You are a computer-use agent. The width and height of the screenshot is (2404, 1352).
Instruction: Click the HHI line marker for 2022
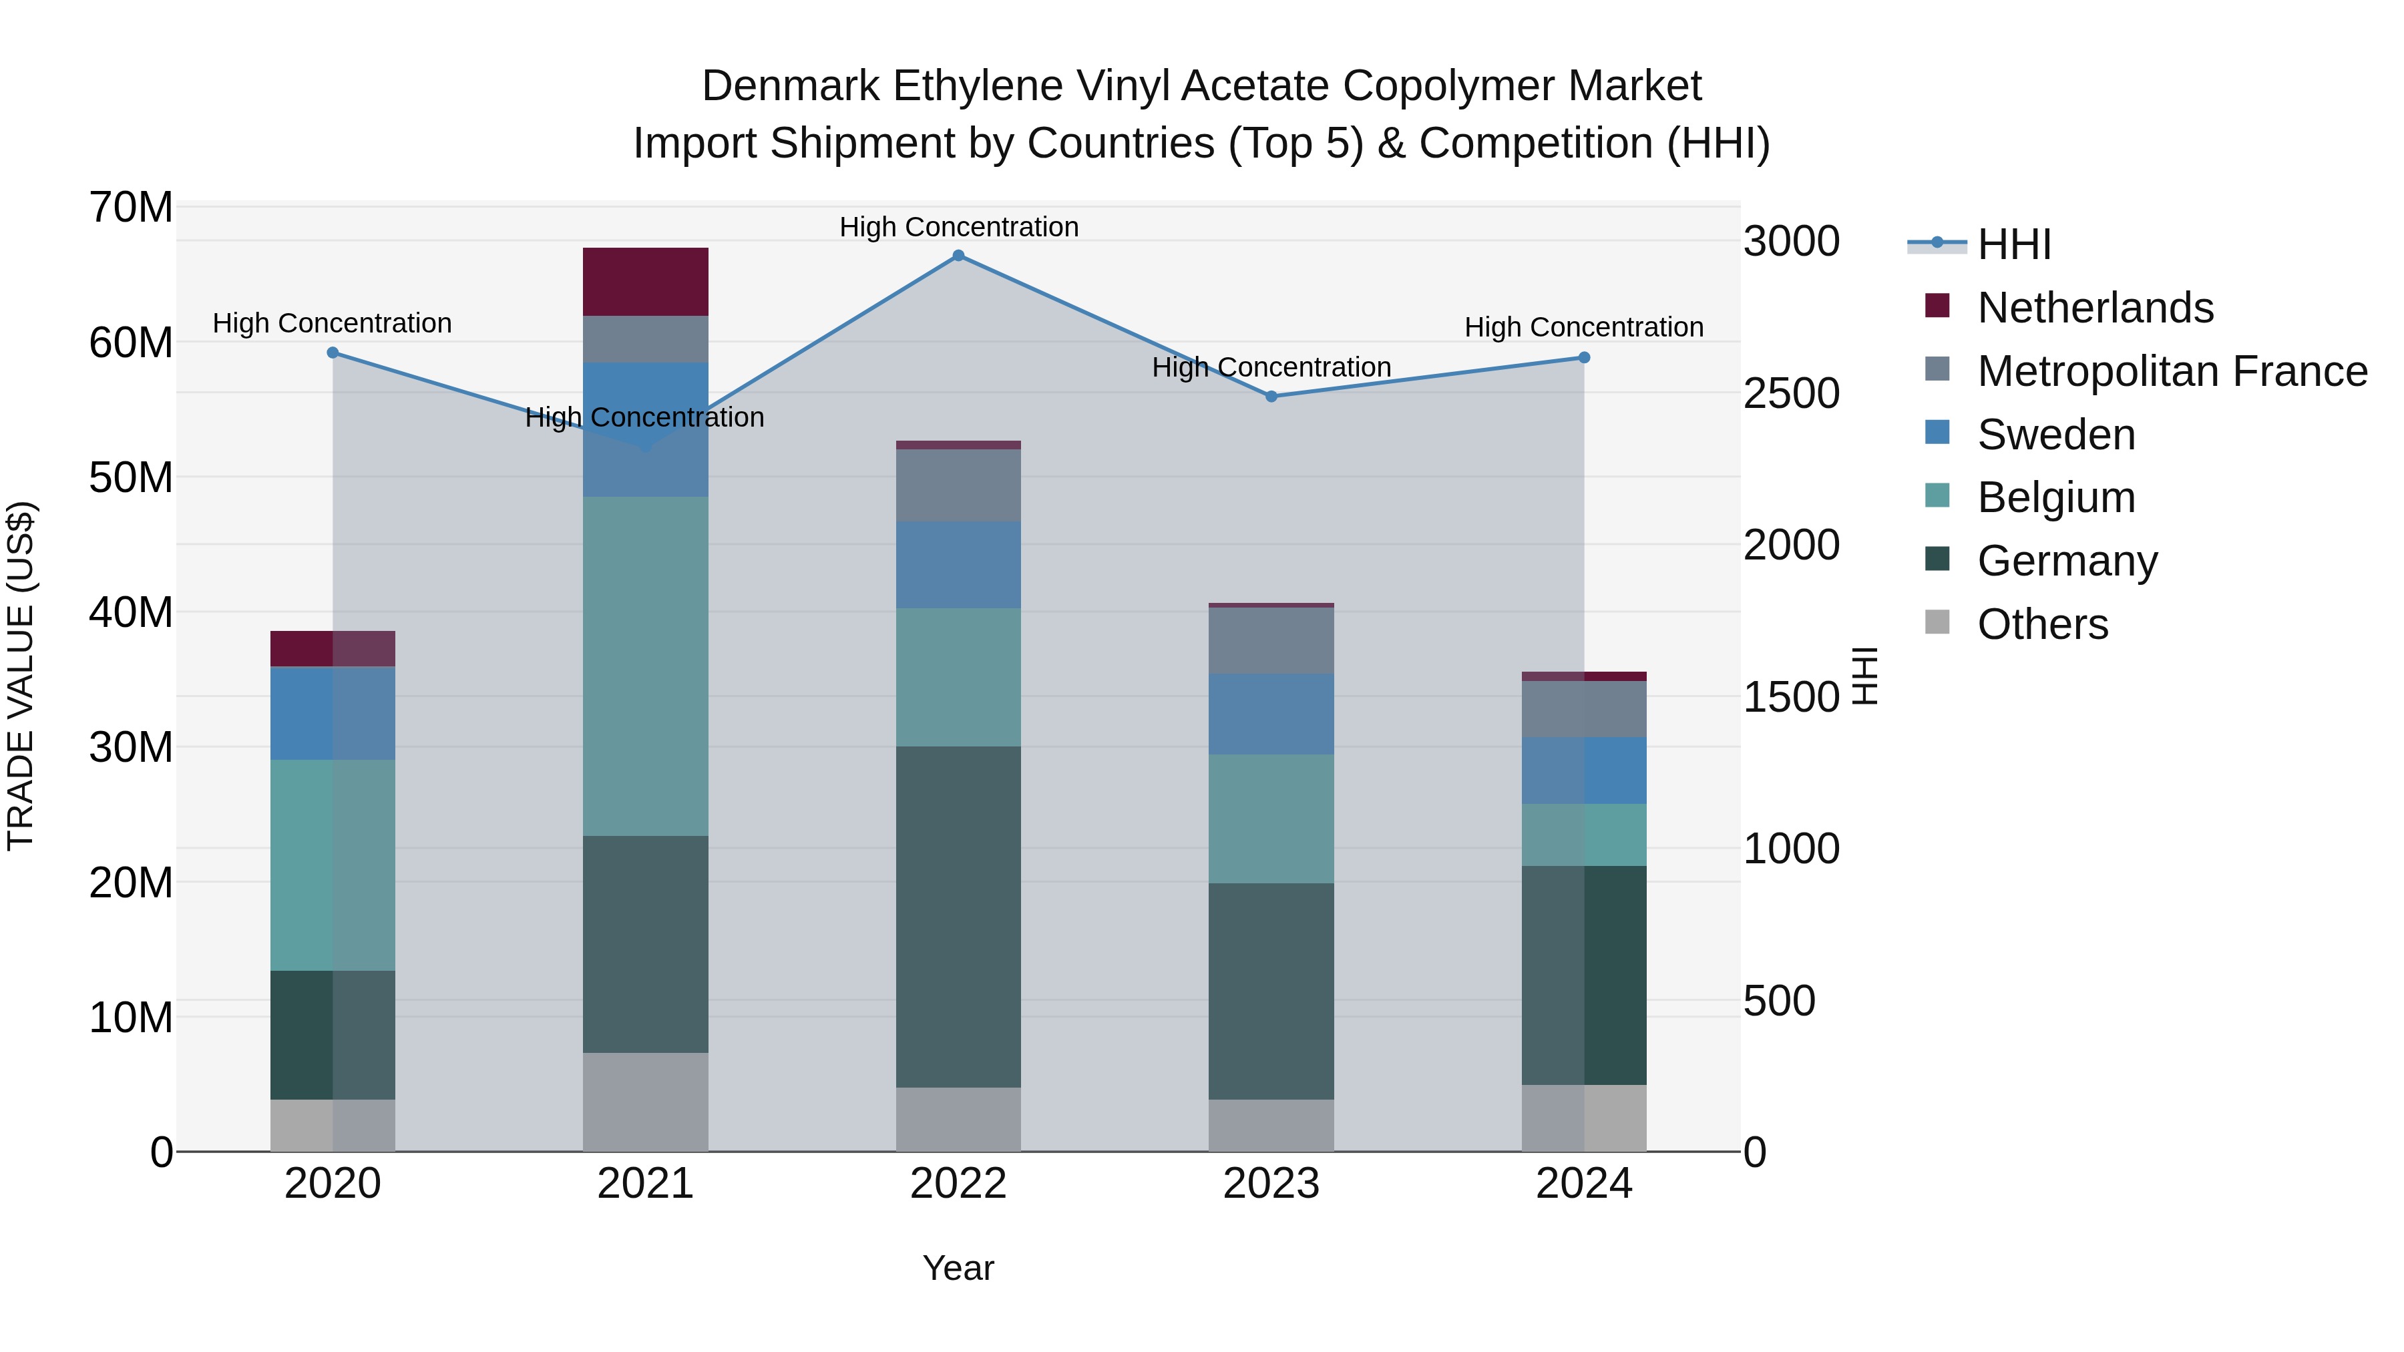pos(958,256)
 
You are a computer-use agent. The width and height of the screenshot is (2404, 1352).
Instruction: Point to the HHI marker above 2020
pos(333,353)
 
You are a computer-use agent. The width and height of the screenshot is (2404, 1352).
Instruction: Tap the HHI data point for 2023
pos(1271,397)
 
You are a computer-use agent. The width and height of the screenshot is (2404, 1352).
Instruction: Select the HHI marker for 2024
pos(1584,357)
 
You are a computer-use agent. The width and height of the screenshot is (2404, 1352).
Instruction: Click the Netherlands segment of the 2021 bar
pos(646,282)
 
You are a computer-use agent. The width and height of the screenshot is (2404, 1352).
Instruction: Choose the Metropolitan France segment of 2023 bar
pos(1271,640)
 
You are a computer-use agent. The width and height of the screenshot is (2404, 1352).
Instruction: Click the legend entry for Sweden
pos(2056,435)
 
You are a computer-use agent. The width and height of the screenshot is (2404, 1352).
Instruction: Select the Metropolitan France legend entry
pos(2172,371)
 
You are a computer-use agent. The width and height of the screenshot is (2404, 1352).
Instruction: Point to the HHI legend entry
pos(2014,244)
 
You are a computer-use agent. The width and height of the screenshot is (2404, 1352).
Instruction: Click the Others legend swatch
pos(1937,622)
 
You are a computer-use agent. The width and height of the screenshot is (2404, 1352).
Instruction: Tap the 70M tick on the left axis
pos(131,207)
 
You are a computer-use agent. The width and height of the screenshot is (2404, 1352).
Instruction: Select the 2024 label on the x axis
pos(1584,1184)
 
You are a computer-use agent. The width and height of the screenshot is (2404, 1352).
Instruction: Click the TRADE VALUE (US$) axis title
pos(21,676)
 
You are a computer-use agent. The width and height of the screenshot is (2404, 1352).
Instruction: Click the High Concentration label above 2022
pos(958,227)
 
